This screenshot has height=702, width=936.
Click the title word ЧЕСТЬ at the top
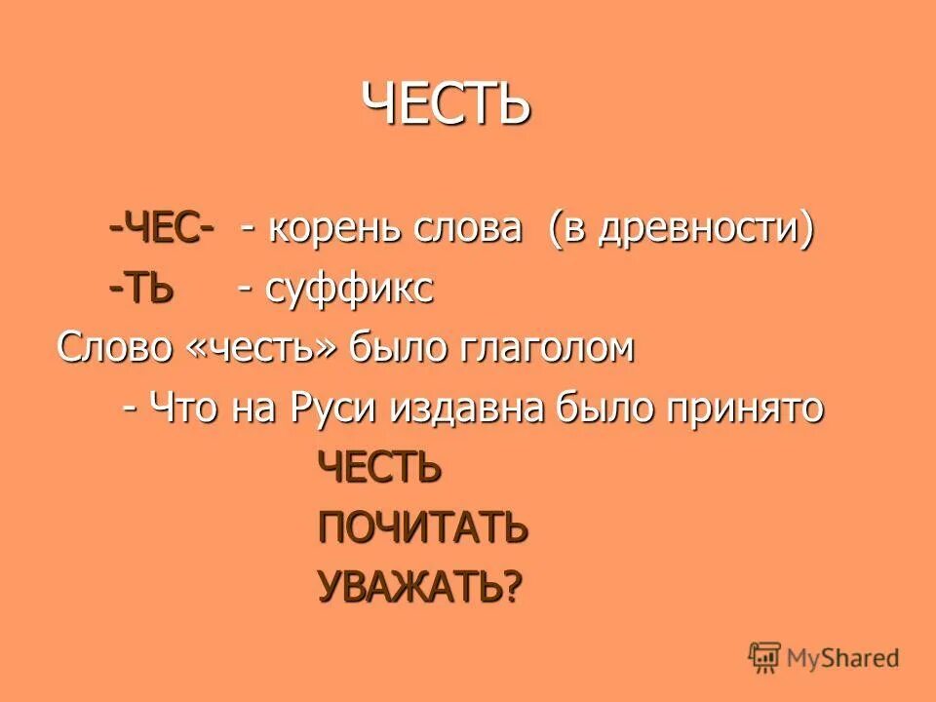447,102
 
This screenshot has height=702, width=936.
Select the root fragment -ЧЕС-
162,231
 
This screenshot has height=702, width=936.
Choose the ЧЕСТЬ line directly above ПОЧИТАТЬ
380,469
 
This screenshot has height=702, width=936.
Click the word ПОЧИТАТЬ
422,527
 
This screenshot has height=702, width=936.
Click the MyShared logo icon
764,657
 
